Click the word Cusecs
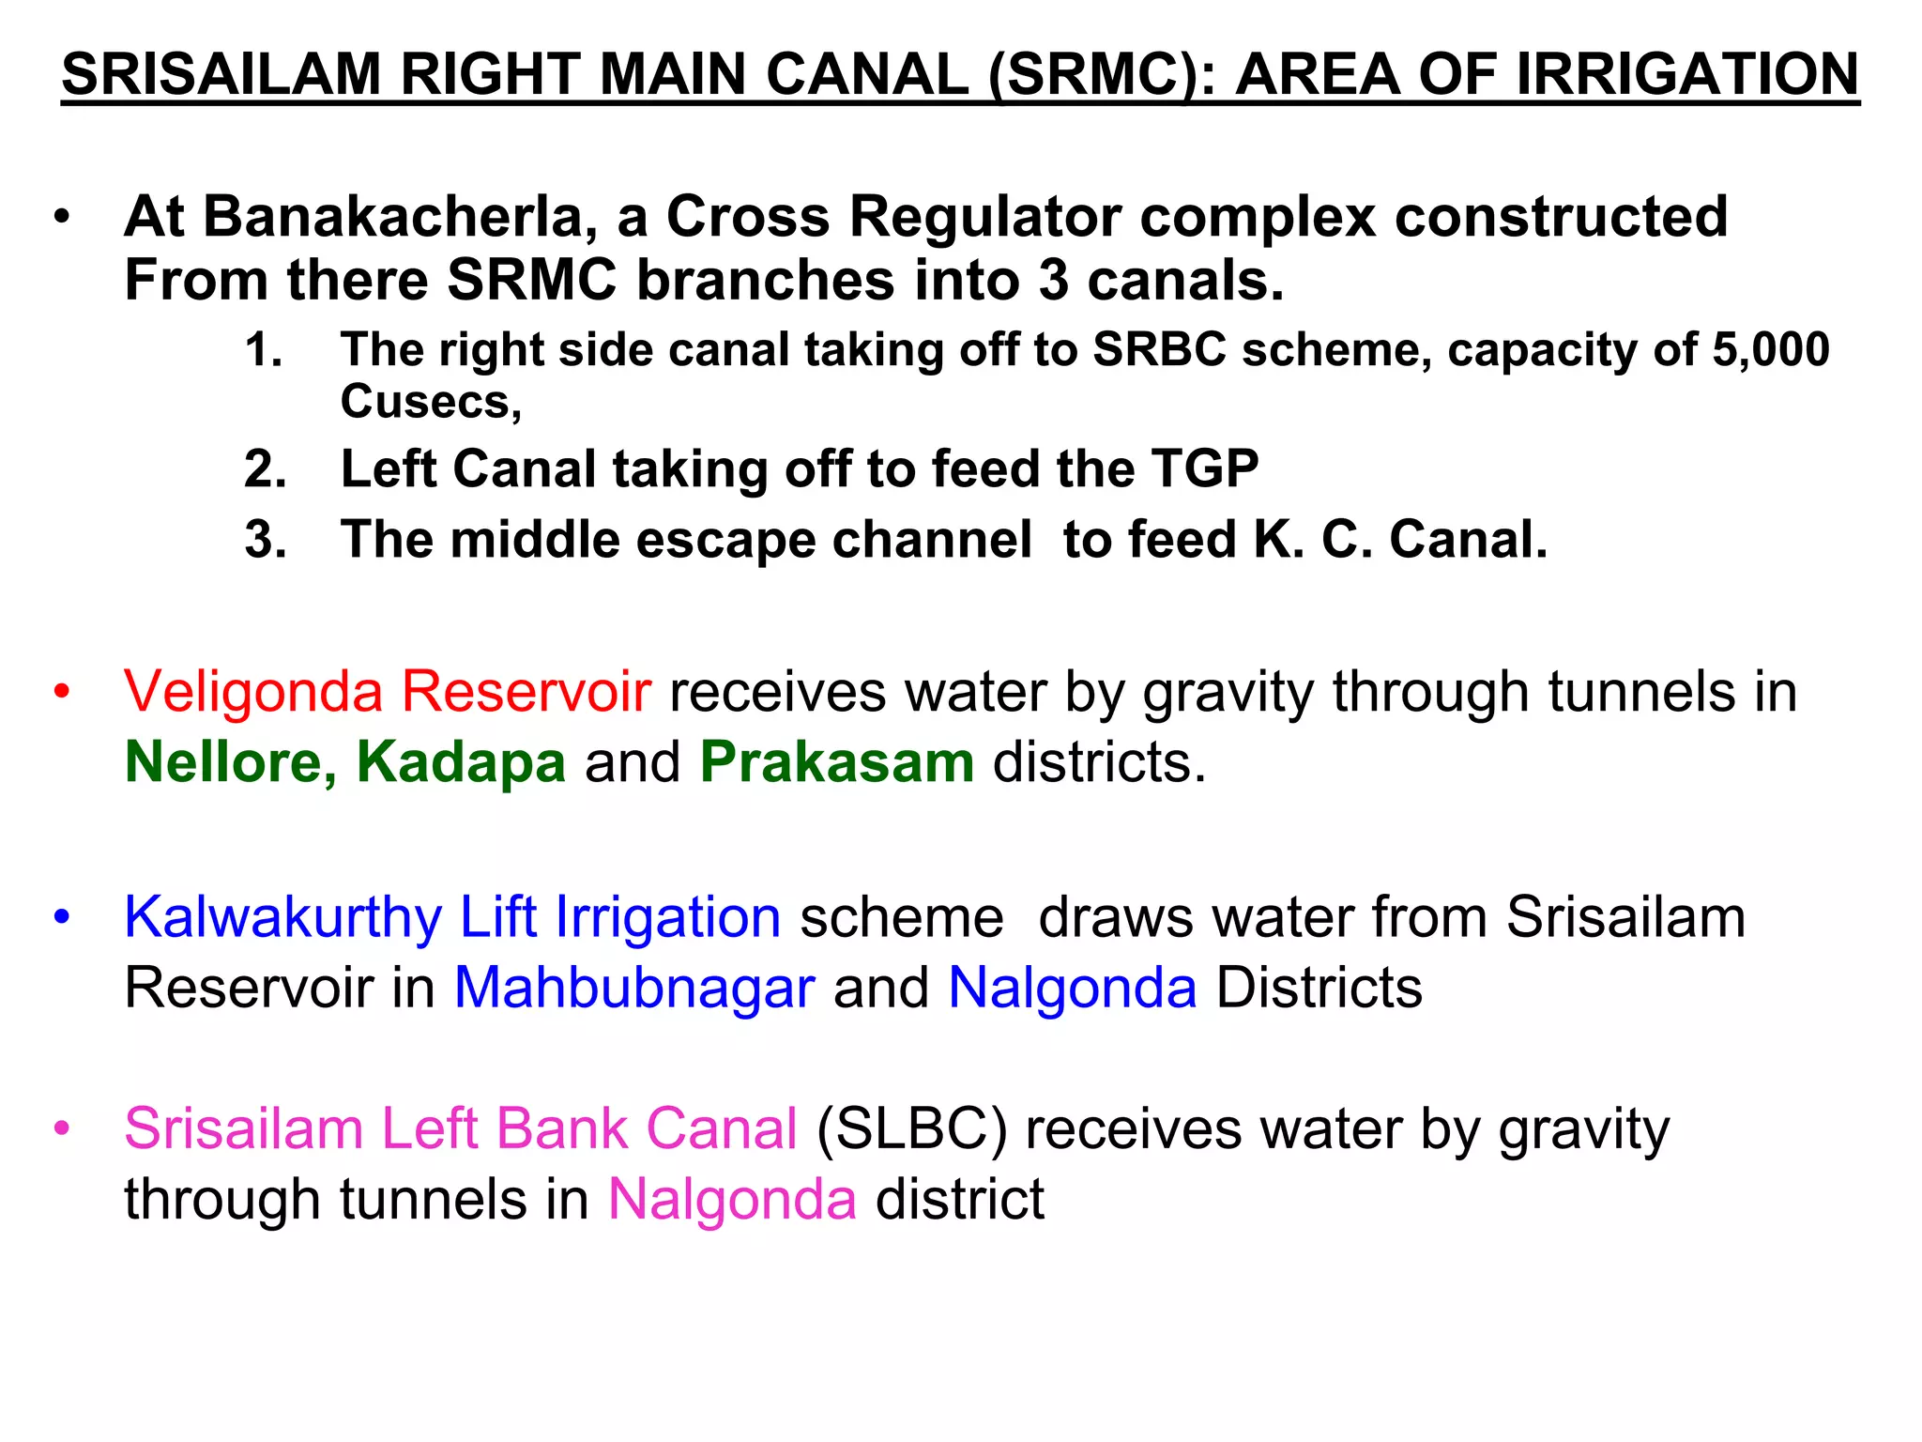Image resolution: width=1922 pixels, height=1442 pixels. tap(431, 402)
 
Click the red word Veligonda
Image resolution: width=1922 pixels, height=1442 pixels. tap(253, 692)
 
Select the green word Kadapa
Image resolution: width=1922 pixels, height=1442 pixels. tap(461, 761)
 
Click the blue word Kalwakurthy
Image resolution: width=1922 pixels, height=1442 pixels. tap(282, 917)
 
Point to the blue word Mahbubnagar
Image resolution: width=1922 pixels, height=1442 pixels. tap(634, 988)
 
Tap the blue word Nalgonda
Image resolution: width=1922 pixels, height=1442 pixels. tap(1073, 988)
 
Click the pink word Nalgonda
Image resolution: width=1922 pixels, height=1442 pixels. tap(732, 1199)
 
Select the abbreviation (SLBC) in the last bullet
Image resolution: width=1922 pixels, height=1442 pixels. tap(911, 1128)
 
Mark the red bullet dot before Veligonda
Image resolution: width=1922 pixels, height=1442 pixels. tap(62, 693)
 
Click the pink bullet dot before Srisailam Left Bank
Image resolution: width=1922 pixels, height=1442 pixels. tap(62, 1128)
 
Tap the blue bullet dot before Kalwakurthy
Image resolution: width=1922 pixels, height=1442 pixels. tap(62, 917)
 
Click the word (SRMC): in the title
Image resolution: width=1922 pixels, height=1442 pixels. tap(1102, 75)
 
